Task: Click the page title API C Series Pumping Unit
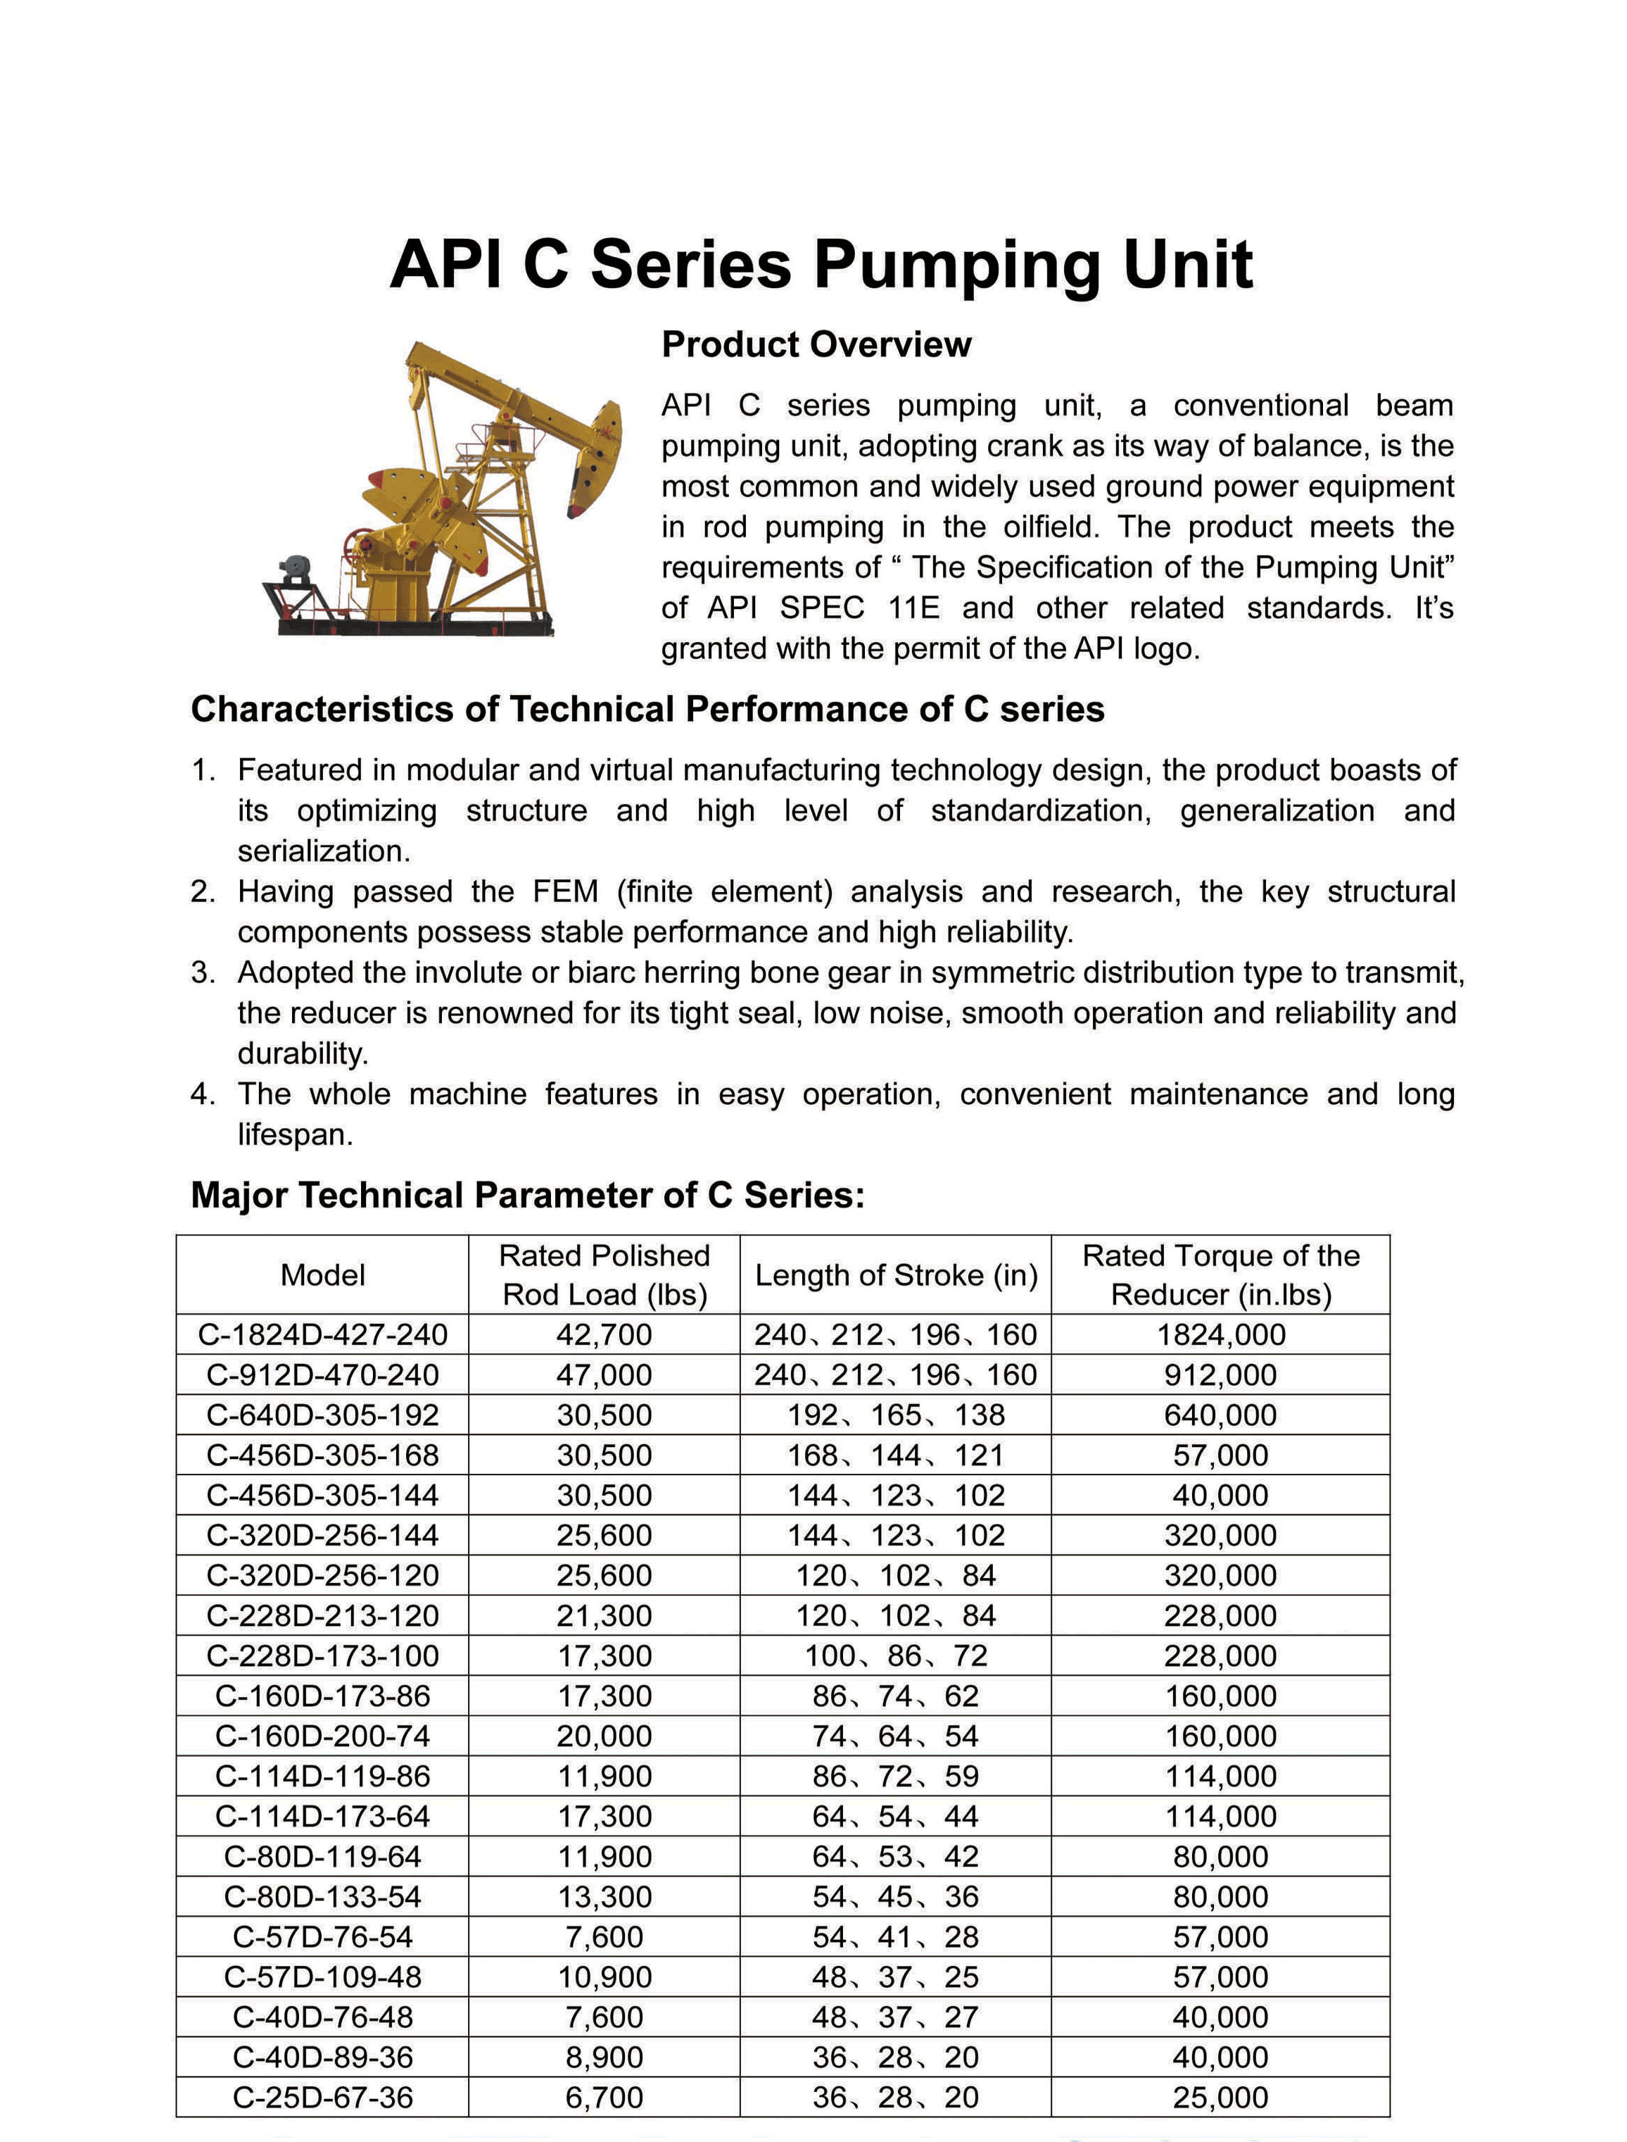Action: (821, 265)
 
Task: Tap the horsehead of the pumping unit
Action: (594, 461)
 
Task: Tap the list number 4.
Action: (203, 1094)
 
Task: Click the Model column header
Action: (322, 1275)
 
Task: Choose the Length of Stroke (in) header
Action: (896, 1275)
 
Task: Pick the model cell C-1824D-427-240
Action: (322, 1335)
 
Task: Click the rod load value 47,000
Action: (604, 1374)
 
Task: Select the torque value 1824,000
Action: (1220, 1335)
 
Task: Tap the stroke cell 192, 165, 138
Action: (896, 1415)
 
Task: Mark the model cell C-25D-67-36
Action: (322, 2098)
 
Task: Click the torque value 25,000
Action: (1220, 2098)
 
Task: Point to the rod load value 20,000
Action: (604, 1736)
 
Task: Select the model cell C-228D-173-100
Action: (322, 1655)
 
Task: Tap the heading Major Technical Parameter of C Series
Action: (527, 1196)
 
